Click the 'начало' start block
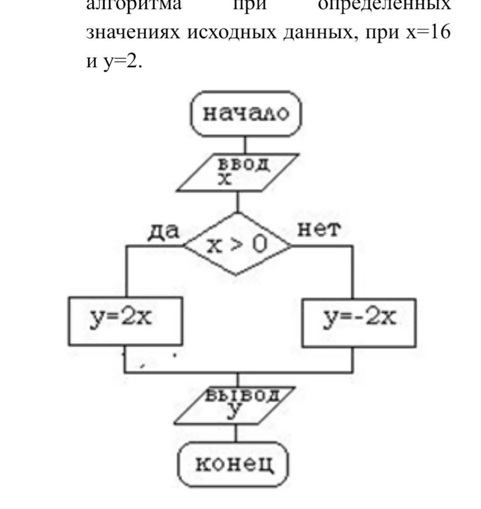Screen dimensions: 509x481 point(246,114)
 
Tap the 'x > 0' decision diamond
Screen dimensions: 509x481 point(238,245)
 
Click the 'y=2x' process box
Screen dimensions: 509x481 point(126,320)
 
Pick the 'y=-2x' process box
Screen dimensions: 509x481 point(359,320)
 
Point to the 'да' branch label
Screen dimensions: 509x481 point(164,231)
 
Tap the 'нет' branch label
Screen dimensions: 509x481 point(319,230)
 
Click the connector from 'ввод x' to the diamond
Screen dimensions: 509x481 point(238,202)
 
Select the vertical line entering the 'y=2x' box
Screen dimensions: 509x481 point(126,271)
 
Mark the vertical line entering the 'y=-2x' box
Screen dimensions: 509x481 point(352,271)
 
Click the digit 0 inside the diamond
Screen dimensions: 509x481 point(260,245)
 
